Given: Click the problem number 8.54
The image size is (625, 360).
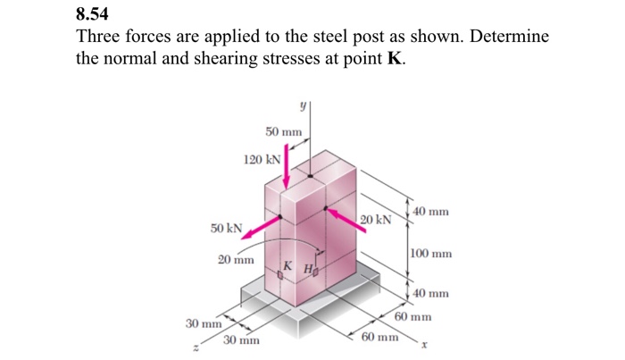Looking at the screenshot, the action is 95,16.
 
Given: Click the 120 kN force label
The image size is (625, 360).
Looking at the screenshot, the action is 262,160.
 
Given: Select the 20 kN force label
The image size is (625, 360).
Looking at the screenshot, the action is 377,220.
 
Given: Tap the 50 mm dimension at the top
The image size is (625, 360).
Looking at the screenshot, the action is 284,132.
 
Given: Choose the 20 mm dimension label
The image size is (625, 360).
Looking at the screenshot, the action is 236,260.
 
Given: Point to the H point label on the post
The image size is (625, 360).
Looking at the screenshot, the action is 306,268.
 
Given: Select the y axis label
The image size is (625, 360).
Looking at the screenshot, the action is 304,105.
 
